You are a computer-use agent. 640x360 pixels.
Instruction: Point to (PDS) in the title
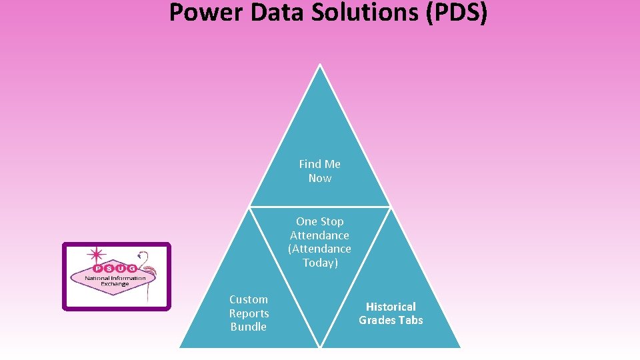coord(455,12)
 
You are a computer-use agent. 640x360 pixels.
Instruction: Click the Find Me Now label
coord(320,171)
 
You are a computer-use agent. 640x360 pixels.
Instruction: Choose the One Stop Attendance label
coord(320,228)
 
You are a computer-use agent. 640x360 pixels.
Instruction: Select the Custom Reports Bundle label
coord(249,313)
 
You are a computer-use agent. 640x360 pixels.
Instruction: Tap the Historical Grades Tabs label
coord(391,313)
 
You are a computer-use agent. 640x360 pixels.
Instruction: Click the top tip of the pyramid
coord(320,66)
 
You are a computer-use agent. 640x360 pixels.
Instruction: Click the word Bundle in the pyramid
coord(249,327)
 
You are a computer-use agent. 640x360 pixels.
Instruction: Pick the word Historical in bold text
coord(391,307)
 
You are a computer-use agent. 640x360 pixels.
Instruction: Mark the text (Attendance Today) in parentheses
coord(320,255)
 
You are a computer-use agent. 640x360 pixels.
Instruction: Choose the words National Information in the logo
coord(115,277)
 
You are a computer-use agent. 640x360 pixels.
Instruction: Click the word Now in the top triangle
coord(320,178)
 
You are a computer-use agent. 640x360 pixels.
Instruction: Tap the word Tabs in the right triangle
coord(410,320)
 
